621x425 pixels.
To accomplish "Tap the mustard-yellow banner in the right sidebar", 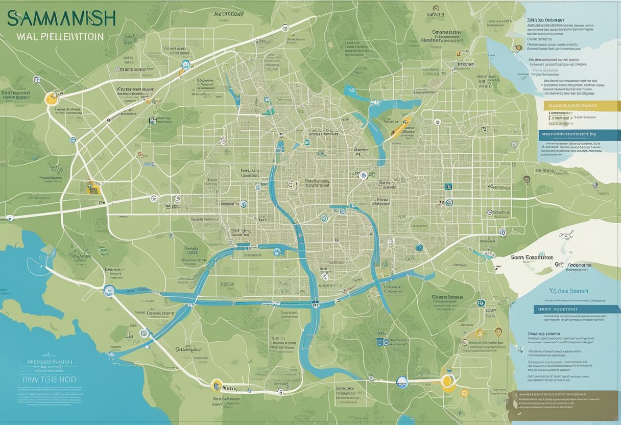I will point(571,106).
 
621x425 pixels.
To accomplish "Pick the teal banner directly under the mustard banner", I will point(575,134).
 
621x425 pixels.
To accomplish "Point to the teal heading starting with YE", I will point(568,291).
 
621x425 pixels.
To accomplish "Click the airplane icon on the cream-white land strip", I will point(565,235).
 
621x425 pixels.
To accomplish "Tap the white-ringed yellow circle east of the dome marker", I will point(448,380).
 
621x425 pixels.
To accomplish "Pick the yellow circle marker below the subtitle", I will point(51,98).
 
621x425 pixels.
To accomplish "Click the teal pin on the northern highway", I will point(185,65).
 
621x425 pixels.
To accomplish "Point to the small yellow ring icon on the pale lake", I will point(518,48).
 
